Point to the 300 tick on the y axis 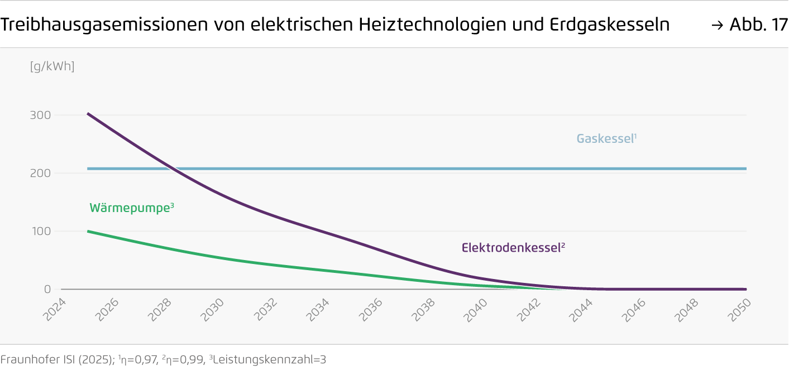point(40,116)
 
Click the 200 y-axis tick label point(40,174)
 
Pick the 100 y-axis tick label point(40,232)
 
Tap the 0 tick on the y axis point(47,290)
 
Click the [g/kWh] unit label point(52,66)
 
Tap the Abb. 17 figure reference point(758,25)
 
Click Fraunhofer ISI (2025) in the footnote point(56,360)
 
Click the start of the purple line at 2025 point(88,114)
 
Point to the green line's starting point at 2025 point(88,231)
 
